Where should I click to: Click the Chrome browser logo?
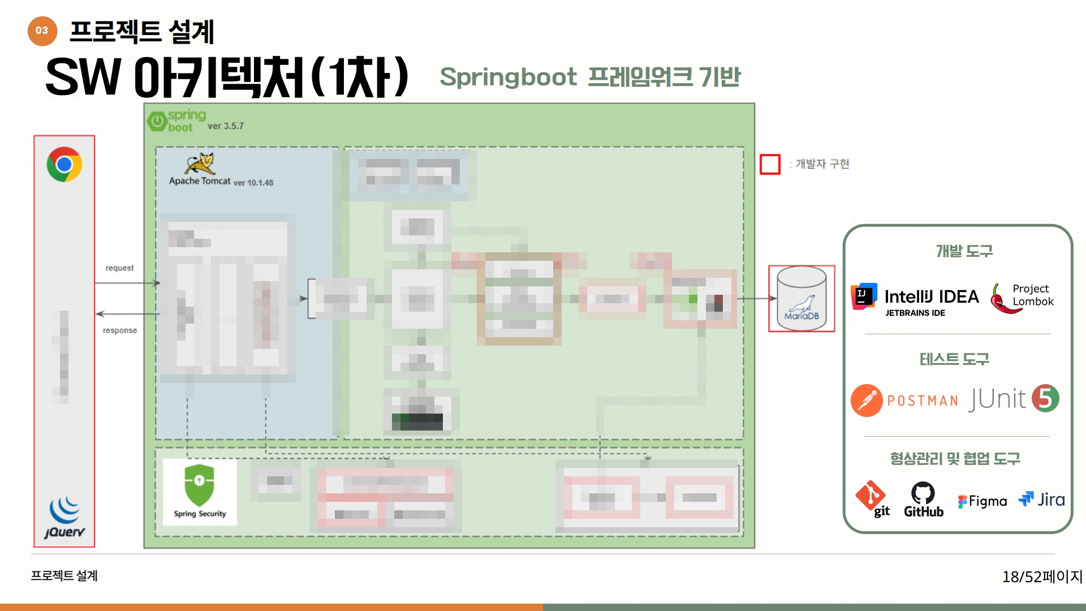point(64,165)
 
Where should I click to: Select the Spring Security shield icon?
point(199,485)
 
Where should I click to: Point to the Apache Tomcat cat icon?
point(200,163)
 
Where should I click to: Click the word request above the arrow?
point(119,268)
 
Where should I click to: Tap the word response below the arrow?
point(120,330)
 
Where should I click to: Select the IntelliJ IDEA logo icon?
point(864,296)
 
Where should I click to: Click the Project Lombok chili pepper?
point(1001,299)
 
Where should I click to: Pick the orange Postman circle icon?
point(867,401)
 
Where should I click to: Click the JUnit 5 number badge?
point(1045,398)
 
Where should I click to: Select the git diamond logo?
point(870,495)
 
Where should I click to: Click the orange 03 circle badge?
point(42,31)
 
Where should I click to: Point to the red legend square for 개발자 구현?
point(770,164)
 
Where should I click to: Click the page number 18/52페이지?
point(1042,576)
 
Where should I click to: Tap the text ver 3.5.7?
point(226,126)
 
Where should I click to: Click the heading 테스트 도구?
point(954,359)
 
